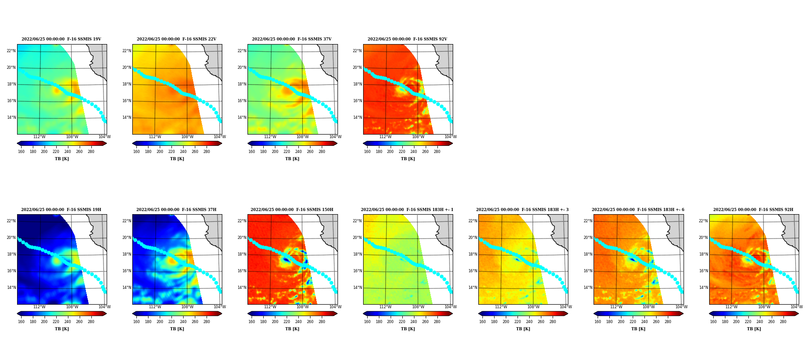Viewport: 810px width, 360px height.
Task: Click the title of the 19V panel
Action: pyautogui.click(x=61, y=39)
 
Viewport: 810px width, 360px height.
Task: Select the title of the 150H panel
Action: pyautogui.click(x=292, y=210)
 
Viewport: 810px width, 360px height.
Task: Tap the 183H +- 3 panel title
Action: pyautogui.click(x=522, y=210)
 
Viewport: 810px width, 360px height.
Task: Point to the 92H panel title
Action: pyautogui.click(x=753, y=210)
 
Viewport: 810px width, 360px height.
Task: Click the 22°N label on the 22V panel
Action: pyautogui.click(x=126, y=51)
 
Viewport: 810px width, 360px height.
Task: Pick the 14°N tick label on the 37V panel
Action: pyautogui.click(x=242, y=117)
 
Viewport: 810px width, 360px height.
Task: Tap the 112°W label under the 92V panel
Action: pyautogui.click(x=385, y=137)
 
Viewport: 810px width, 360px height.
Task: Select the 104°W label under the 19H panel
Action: pyautogui.click(x=104, y=307)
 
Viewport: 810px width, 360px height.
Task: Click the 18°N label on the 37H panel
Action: pyautogui.click(x=126, y=254)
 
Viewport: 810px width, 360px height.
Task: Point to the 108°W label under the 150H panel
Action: pyautogui.click(x=302, y=307)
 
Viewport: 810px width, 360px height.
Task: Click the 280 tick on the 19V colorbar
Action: pyautogui.click(x=91, y=152)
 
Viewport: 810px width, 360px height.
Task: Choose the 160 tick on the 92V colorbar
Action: pyautogui.click(x=367, y=152)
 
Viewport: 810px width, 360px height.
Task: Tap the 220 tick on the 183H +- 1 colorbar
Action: pyautogui.click(x=402, y=322)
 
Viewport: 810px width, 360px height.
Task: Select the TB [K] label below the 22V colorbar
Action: pyautogui.click(x=177, y=159)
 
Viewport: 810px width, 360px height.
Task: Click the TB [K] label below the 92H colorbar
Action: pyautogui.click(x=754, y=329)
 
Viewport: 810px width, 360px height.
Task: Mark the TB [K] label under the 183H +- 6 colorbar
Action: pyautogui.click(x=638, y=329)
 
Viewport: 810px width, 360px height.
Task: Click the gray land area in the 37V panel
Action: pyautogui.click(x=331, y=58)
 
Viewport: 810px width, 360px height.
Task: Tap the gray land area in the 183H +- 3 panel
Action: pyautogui.click(x=562, y=229)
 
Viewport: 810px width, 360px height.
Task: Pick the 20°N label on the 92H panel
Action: pyautogui.click(x=703, y=238)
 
